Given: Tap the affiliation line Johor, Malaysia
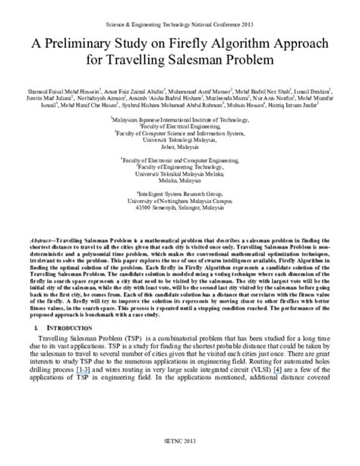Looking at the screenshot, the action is (x=179, y=147).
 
